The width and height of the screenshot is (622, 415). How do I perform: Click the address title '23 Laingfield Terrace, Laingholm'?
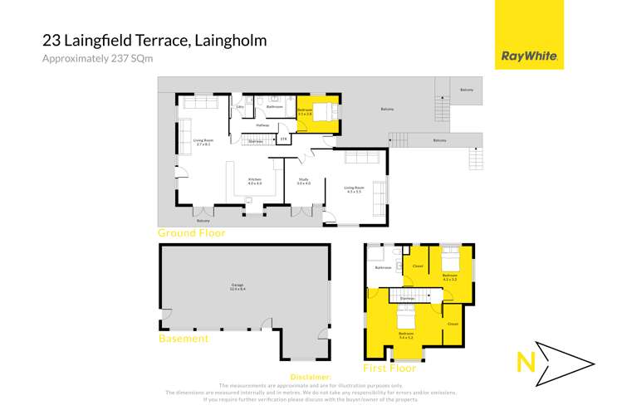(x=155, y=39)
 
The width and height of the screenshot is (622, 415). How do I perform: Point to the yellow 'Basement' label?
(x=184, y=339)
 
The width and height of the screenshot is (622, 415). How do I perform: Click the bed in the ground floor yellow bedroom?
(x=330, y=110)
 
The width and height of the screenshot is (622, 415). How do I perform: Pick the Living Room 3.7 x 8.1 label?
(x=203, y=142)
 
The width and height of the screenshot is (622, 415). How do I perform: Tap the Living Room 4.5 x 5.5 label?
(x=354, y=189)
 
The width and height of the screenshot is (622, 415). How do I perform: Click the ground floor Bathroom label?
(x=274, y=107)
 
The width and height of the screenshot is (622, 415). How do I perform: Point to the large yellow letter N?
(x=525, y=363)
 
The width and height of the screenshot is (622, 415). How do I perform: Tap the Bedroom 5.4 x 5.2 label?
(x=406, y=335)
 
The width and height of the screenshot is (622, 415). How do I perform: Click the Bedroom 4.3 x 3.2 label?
(x=450, y=276)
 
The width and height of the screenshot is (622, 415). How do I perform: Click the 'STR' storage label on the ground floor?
(x=283, y=139)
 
